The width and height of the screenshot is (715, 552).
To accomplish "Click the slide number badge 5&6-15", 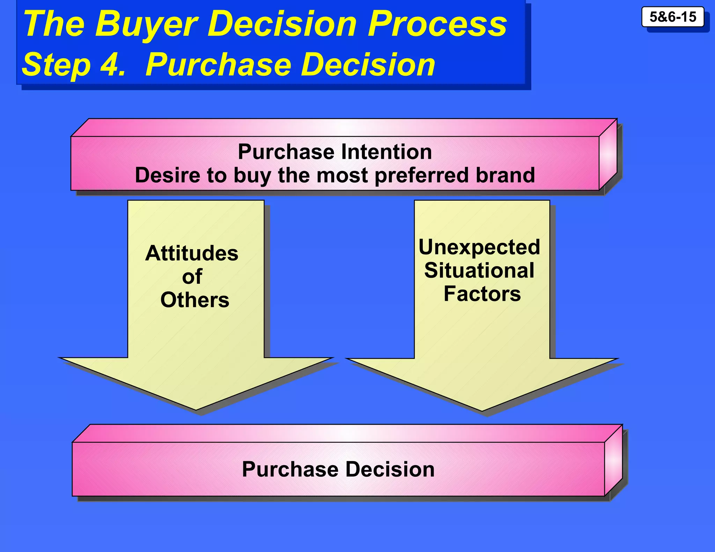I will coord(672,17).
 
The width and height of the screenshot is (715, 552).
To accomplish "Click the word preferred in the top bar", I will coord(422,175).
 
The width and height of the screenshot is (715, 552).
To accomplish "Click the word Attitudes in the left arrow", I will coord(192,253).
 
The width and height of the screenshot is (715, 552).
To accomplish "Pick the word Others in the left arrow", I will coord(195,300).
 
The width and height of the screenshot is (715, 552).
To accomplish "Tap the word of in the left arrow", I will coord(192,277).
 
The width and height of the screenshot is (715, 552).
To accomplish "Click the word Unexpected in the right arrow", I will coord(479,247).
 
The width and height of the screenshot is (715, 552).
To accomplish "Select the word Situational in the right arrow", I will coord(479,270).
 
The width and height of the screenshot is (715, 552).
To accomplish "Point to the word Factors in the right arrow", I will coord(482,294).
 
